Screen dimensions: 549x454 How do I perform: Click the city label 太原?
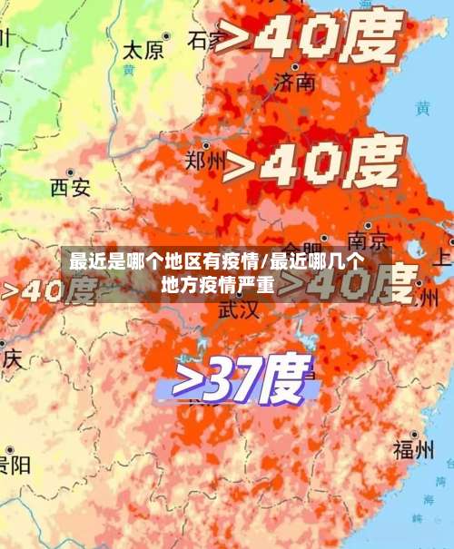coord(143,49)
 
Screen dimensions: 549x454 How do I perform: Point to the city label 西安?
coord(70,187)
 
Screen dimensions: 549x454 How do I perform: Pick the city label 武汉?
coord(238,309)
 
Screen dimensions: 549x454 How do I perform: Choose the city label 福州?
coord(413,448)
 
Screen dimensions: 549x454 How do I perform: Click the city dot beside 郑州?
coord(208,145)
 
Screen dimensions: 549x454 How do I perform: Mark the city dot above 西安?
coord(69,171)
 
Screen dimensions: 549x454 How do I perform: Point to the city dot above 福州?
coord(414,434)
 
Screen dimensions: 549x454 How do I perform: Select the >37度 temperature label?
coord(239,378)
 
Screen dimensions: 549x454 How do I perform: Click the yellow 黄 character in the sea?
coord(423,108)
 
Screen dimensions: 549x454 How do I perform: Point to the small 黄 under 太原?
coord(129,70)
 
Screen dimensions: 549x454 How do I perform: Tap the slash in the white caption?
coord(263,263)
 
